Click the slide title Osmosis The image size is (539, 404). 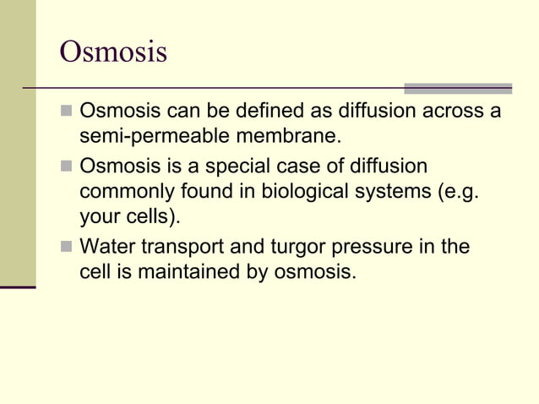[x=113, y=52]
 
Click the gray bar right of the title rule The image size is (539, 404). [x=457, y=88]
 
